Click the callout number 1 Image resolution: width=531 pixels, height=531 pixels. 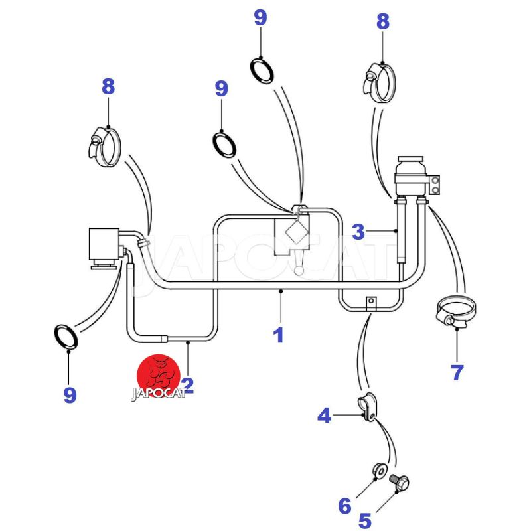click(279, 335)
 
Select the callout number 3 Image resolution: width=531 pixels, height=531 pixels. click(358, 232)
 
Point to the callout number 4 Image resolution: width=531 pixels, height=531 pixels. click(324, 416)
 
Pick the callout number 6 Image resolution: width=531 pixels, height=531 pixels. click(344, 506)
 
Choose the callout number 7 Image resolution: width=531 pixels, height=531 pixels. click(457, 372)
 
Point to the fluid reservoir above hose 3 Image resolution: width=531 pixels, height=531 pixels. click(410, 174)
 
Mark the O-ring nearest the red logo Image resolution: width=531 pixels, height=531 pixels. click(66, 337)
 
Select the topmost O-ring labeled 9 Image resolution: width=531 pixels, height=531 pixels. click(262, 69)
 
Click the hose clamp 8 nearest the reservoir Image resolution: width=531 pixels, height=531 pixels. click(380, 81)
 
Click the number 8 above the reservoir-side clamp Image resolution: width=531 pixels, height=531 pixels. click(383, 21)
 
